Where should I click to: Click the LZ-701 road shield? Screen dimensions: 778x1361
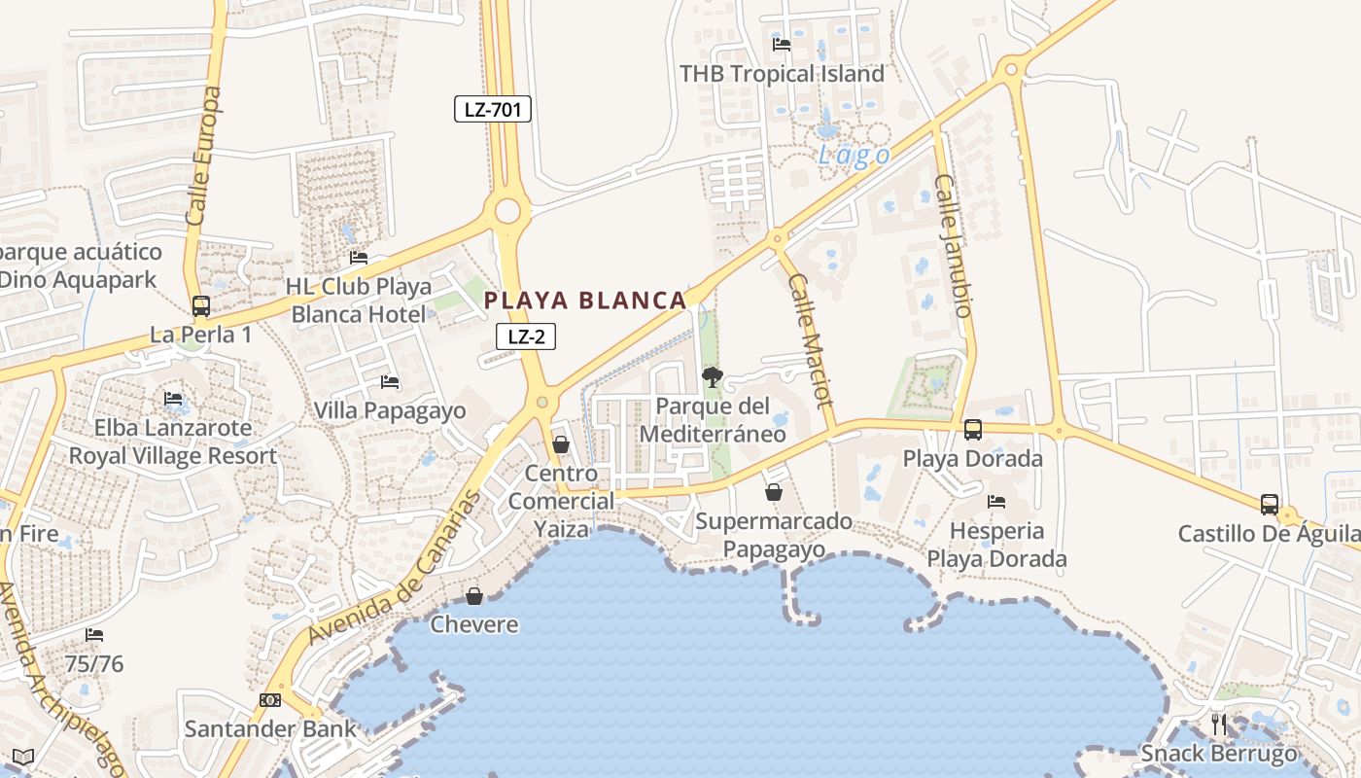[x=493, y=109]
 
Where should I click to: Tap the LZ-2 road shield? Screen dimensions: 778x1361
[x=526, y=336]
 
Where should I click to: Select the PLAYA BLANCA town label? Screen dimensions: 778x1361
[x=586, y=301]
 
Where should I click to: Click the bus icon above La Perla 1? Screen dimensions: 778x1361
[x=201, y=306]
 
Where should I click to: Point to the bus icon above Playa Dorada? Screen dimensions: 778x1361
[x=973, y=430]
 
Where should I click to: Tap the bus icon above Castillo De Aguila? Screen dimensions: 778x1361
[x=1270, y=505]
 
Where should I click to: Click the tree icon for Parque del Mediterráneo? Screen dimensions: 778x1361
[x=713, y=377]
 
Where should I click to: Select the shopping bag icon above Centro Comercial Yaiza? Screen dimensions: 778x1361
[x=561, y=445]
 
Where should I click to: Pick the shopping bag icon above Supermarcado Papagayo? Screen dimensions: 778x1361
[x=774, y=492]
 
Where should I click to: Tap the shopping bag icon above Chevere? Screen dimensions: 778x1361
[x=474, y=596]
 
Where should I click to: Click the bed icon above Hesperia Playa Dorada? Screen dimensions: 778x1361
[x=996, y=502]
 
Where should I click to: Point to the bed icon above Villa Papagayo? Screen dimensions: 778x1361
[x=390, y=382]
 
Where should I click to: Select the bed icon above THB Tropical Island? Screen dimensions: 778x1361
[x=782, y=44]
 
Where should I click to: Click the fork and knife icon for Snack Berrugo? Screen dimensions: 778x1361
[x=1219, y=724]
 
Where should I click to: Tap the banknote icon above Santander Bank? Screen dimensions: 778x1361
[x=270, y=700]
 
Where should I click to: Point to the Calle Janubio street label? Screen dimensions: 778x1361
[x=953, y=245]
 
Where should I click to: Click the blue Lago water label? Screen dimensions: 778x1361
[x=854, y=156]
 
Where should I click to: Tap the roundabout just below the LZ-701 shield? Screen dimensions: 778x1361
[x=506, y=211]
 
